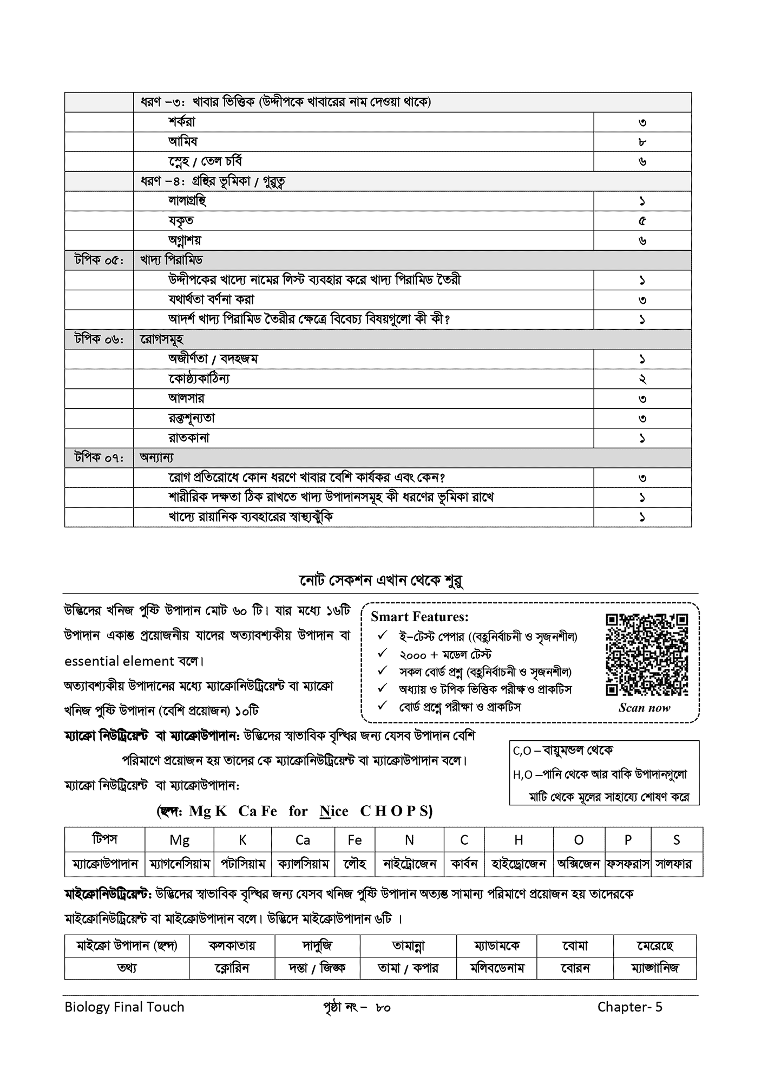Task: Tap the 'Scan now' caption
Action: pyautogui.click(x=644, y=708)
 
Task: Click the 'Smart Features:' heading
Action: pyautogui.click(x=419, y=617)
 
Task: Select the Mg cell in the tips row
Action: pyautogui.click(x=179, y=840)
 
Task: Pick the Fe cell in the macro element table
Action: pyautogui.click(x=355, y=840)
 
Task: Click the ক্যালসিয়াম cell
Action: pyautogui.click(x=303, y=864)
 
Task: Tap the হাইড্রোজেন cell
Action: pyautogui.click(x=519, y=864)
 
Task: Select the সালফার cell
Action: pyautogui.click(x=677, y=864)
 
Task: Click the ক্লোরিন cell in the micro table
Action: pyautogui.click(x=232, y=968)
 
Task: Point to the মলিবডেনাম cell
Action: pyautogui.click(x=497, y=968)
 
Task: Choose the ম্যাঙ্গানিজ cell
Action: pyautogui.click(x=654, y=968)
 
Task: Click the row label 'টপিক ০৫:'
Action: pyautogui.click(x=99, y=260)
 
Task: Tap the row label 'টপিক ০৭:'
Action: pyautogui.click(x=99, y=458)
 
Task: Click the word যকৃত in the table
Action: pyautogui.click(x=181, y=221)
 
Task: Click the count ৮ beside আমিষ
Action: pyautogui.click(x=642, y=142)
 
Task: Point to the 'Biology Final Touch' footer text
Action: pyautogui.click(x=124, y=1007)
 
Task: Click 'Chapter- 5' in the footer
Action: pyautogui.click(x=629, y=1007)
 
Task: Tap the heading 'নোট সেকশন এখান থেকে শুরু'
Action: pyautogui.click(x=380, y=581)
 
